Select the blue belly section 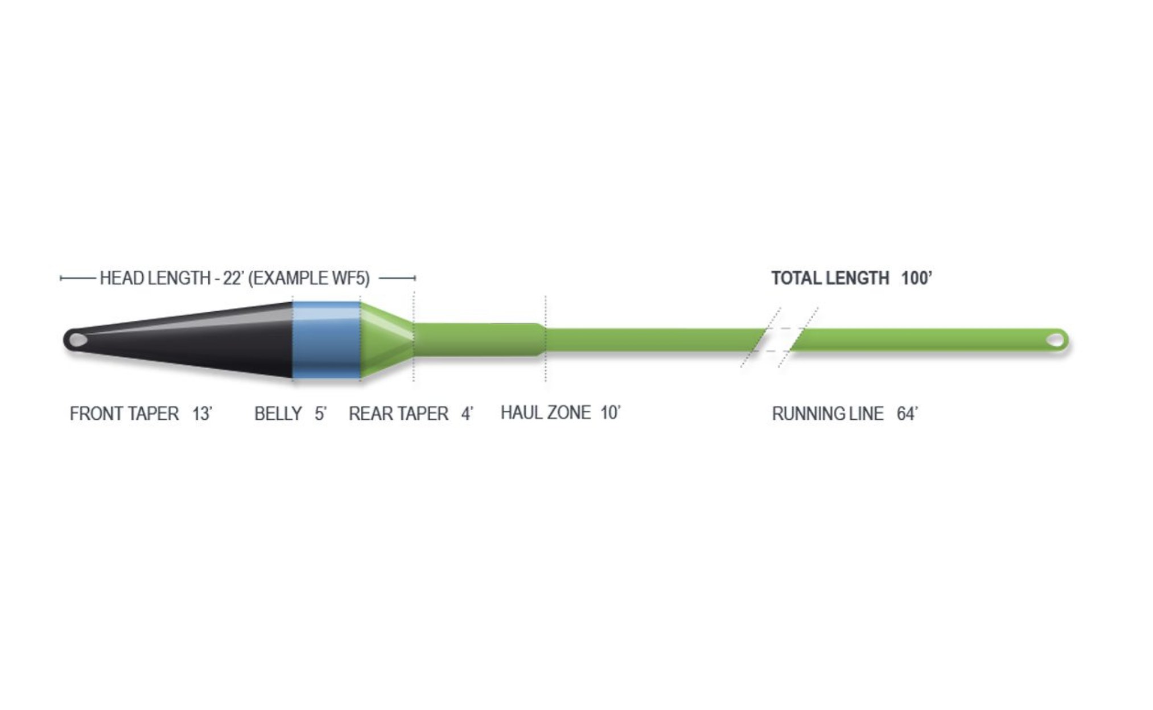point(327,340)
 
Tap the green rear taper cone point(387,340)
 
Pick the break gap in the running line point(779,340)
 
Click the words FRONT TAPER point(124,414)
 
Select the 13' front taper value point(202,414)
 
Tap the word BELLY point(278,414)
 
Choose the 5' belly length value point(320,414)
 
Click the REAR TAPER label point(398,414)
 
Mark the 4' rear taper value point(467,414)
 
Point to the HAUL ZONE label point(546,412)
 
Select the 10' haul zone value point(611,412)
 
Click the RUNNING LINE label point(827,414)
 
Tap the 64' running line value point(908,414)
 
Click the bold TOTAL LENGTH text point(830,278)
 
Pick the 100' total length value point(917,278)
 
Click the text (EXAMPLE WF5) point(309,278)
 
